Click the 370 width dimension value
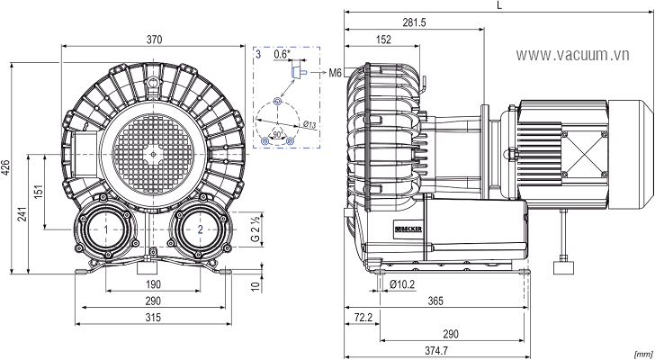click(152, 39)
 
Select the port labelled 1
click(106, 230)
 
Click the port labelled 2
click(199, 230)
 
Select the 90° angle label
click(278, 133)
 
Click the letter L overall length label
click(499, 6)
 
